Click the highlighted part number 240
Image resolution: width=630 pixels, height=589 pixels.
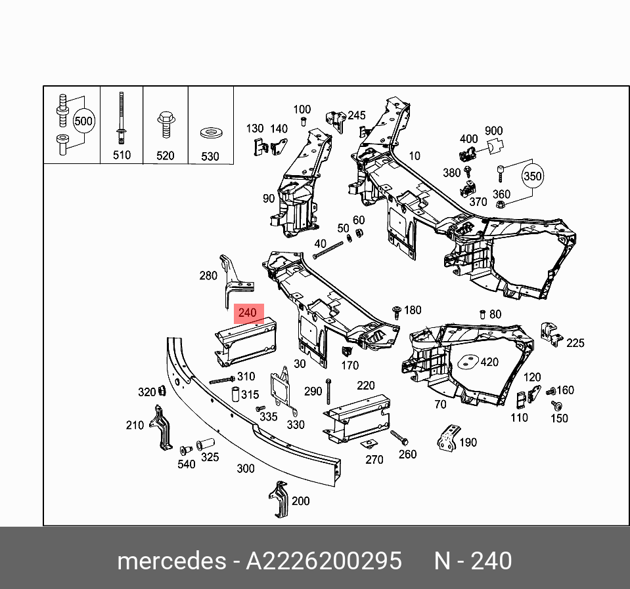(248, 313)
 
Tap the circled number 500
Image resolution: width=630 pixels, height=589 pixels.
(83, 121)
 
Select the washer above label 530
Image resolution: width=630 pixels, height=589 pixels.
(210, 134)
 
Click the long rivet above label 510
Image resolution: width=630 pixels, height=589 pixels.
(122, 117)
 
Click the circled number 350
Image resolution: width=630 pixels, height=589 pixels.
(533, 176)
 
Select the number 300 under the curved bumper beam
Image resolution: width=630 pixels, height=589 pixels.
(245, 468)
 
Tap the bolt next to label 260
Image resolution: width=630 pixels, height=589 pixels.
(399, 437)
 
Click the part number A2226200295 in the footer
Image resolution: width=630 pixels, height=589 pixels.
(323, 561)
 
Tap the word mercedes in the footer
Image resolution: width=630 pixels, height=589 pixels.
(170, 561)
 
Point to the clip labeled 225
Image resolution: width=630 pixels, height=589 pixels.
(550, 335)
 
